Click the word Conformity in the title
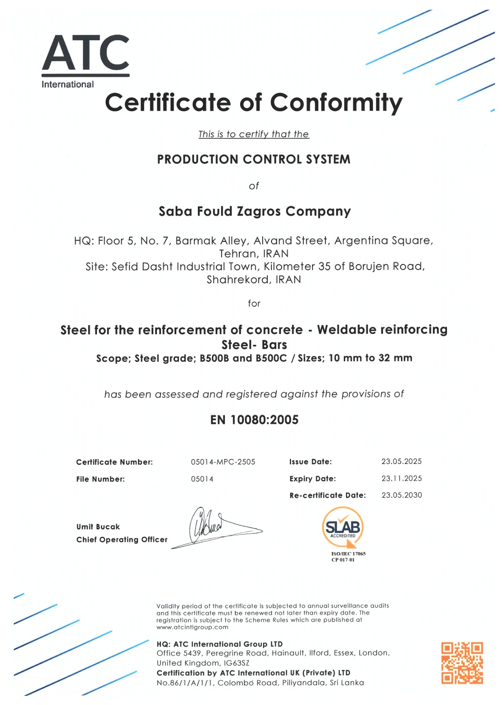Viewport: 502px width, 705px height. pyautogui.click(x=336, y=102)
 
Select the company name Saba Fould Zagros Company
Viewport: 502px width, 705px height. pyautogui.click(x=254, y=211)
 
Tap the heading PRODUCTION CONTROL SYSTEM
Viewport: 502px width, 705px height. pyautogui.click(x=253, y=159)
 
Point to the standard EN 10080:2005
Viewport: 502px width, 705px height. pyautogui.click(x=254, y=420)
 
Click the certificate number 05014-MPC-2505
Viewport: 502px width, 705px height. pyautogui.click(x=223, y=462)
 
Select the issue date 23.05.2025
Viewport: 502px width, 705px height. pyautogui.click(x=402, y=461)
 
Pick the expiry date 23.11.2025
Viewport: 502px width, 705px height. pyautogui.click(x=402, y=478)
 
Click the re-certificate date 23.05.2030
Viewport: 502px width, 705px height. pyautogui.click(x=402, y=495)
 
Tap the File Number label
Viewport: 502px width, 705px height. pyautogui.click(x=100, y=479)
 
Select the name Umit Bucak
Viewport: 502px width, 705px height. pyautogui.click(x=98, y=527)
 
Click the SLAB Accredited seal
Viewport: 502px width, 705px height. pyautogui.click(x=343, y=527)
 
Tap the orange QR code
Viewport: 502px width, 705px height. pyautogui.click(x=462, y=663)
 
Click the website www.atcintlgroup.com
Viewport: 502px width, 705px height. pyautogui.click(x=192, y=627)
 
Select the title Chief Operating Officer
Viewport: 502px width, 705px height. pyautogui.click(x=122, y=539)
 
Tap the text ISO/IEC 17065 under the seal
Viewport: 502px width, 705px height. pyautogui.click(x=348, y=553)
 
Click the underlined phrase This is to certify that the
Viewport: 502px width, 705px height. pyautogui.click(x=253, y=134)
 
